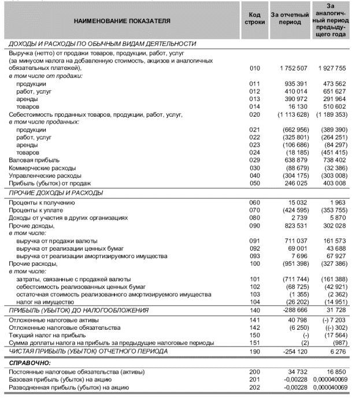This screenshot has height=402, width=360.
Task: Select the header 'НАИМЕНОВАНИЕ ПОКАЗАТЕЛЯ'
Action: click(122, 21)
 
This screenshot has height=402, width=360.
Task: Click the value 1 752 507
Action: click(292, 69)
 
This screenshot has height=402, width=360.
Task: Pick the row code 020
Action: click(255, 114)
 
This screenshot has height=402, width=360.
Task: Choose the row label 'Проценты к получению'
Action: click(42, 203)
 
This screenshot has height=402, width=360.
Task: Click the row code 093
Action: click(255, 255)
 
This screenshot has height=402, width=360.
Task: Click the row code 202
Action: click(255, 387)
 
